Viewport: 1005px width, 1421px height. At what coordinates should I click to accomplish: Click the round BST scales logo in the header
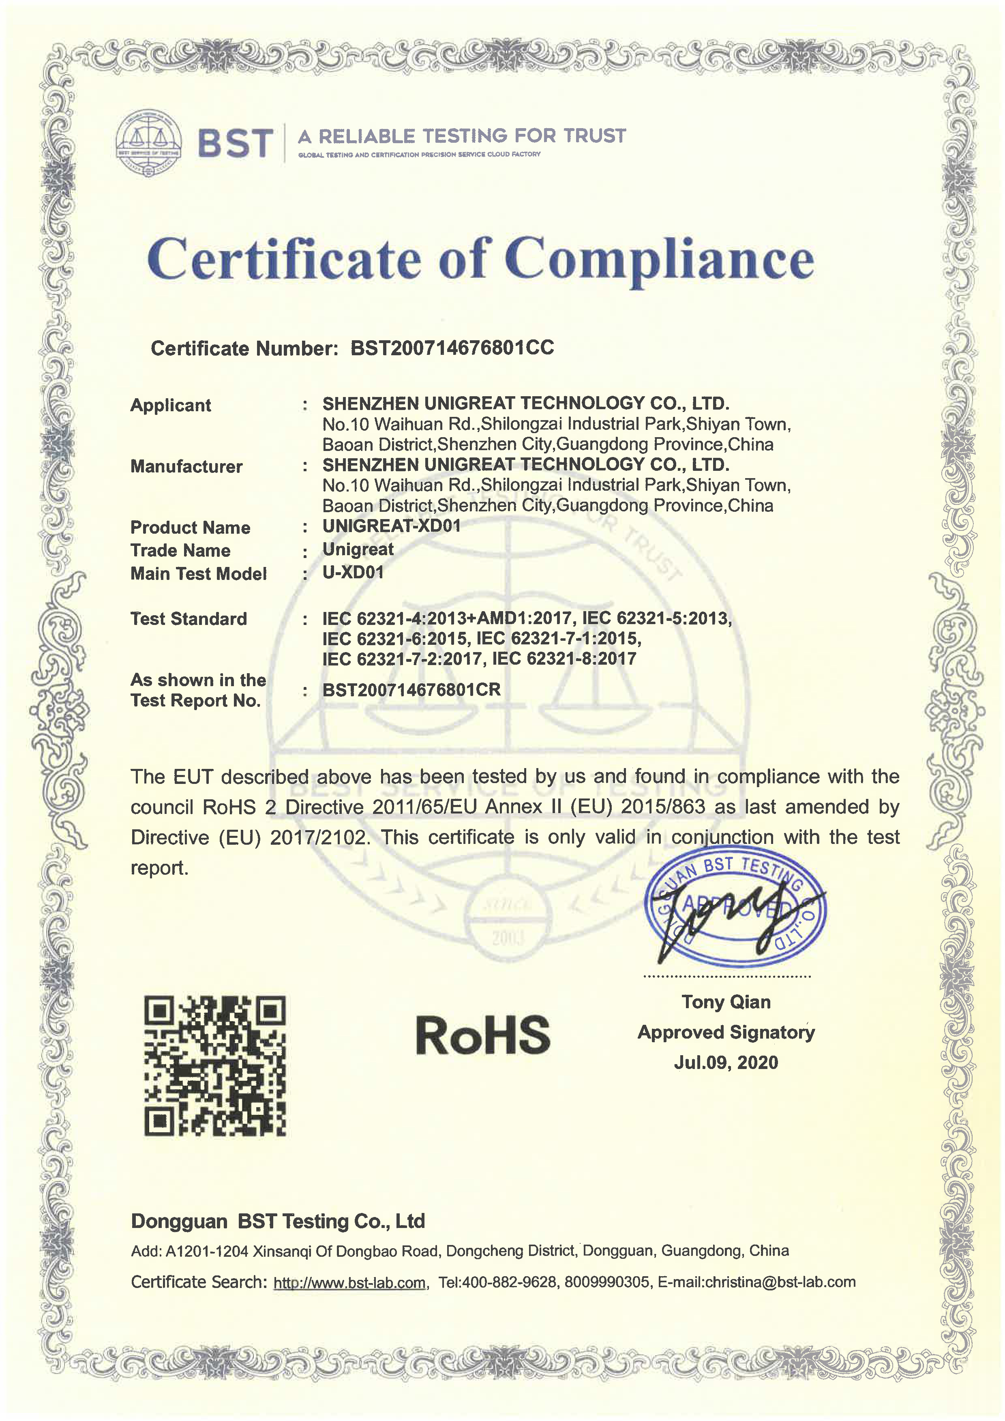click(149, 143)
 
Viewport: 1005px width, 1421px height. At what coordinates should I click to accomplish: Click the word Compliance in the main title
click(659, 259)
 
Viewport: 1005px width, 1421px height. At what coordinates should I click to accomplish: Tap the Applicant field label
click(170, 406)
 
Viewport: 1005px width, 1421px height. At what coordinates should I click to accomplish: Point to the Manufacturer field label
click(186, 467)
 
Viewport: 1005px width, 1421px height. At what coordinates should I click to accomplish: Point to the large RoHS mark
click(483, 1035)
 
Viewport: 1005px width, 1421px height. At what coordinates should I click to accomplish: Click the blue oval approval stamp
click(735, 907)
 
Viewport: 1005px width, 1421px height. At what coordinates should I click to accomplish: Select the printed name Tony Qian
click(726, 1002)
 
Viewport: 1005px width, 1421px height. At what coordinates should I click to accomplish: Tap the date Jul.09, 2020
click(726, 1063)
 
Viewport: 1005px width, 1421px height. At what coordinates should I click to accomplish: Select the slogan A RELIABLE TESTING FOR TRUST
click(462, 136)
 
